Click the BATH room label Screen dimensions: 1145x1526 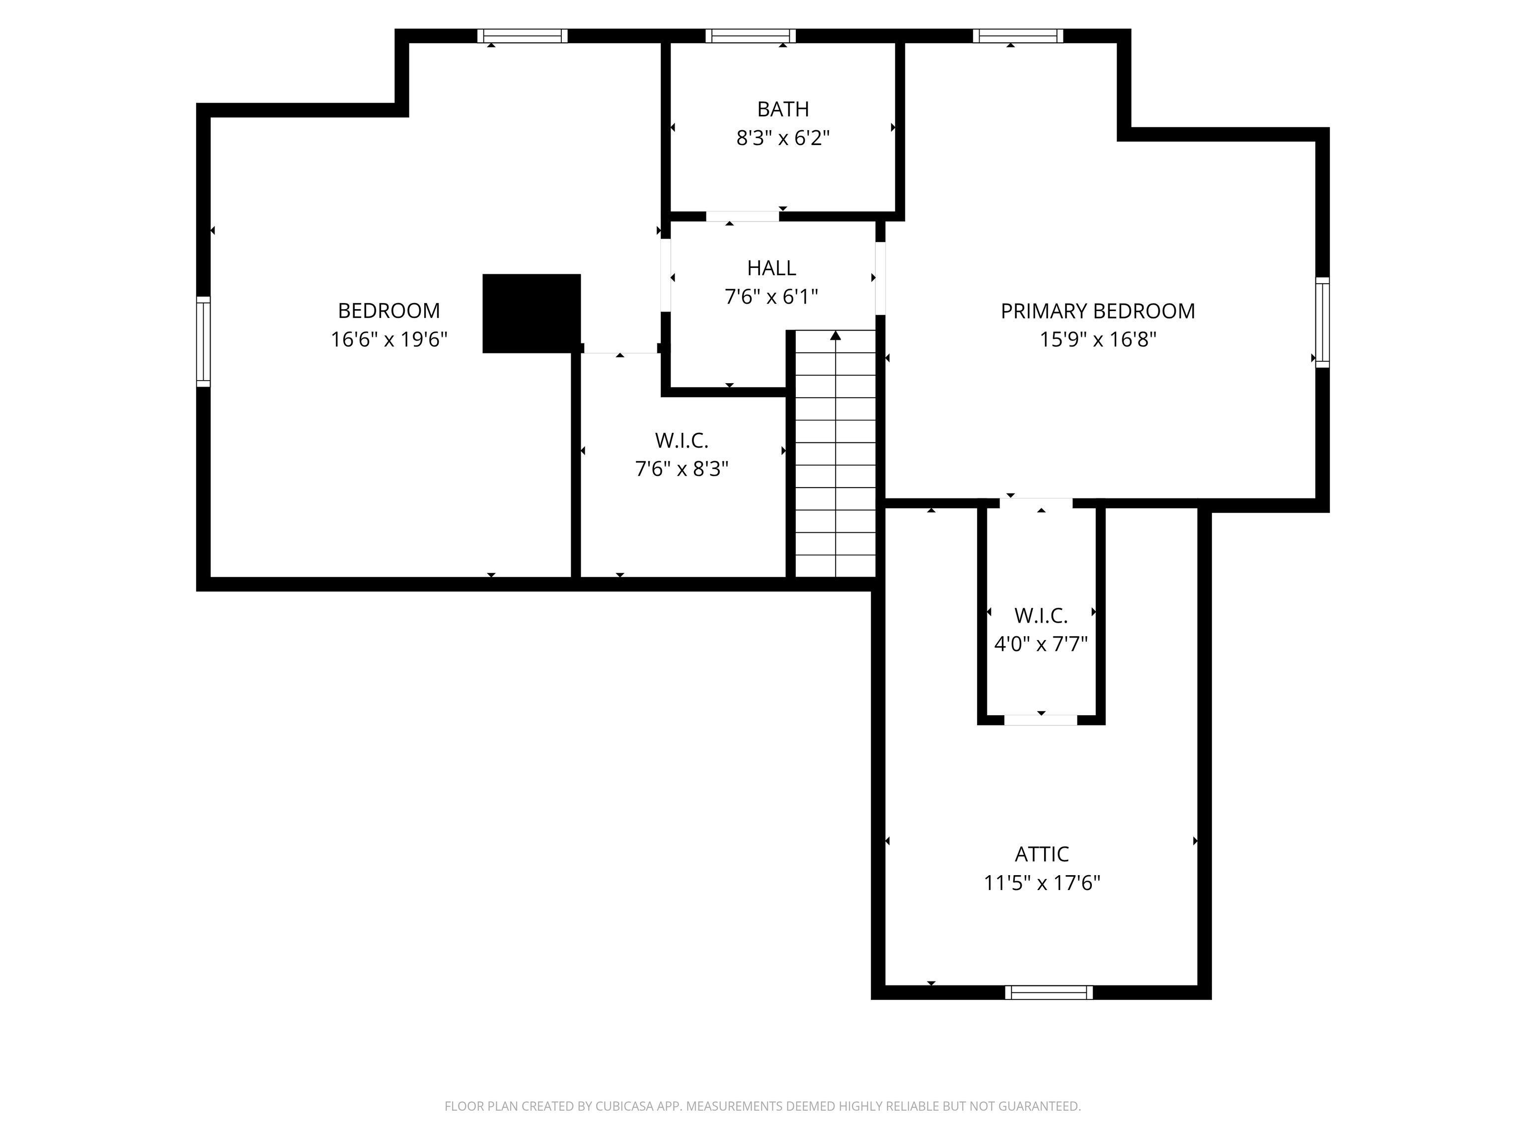coord(782,109)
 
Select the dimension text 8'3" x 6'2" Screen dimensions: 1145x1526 coord(782,138)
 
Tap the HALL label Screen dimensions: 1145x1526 coord(771,268)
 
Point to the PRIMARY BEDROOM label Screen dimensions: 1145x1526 coord(1098,311)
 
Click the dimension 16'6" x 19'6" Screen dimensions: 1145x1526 coord(389,339)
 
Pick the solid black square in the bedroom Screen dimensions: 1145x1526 coord(531,314)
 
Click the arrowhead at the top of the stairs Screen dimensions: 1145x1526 coord(836,335)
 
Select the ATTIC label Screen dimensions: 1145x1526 coord(1042,854)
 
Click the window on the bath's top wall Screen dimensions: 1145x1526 coord(750,36)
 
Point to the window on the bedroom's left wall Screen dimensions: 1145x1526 coord(203,341)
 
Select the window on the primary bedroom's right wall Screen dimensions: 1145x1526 coord(1322,322)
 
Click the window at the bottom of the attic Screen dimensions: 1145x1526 coord(1049,992)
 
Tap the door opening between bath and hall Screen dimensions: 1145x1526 coord(742,217)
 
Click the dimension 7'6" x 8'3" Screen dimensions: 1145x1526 coord(682,469)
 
